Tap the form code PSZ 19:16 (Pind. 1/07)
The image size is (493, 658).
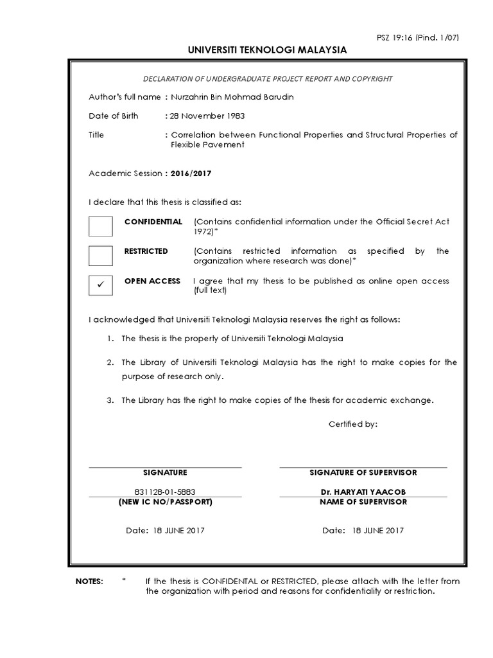click(x=426, y=37)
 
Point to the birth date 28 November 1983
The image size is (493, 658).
click(x=207, y=116)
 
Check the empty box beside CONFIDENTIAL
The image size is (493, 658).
click(x=100, y=227)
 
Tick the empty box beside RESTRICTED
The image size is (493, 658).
click(x=100, y=256)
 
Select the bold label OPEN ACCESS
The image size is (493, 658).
click(x=152, y=281)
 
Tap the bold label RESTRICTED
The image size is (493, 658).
click(x=146, y=251)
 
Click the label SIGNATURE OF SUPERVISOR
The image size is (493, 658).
click(x=363, y=472)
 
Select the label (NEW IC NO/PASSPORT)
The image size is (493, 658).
click(x=166, y=501)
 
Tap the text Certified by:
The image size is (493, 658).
click(x=353, y=424)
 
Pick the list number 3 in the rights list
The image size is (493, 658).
click(x=110, y=400)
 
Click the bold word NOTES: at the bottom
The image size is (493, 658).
click(x=89, y=581)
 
